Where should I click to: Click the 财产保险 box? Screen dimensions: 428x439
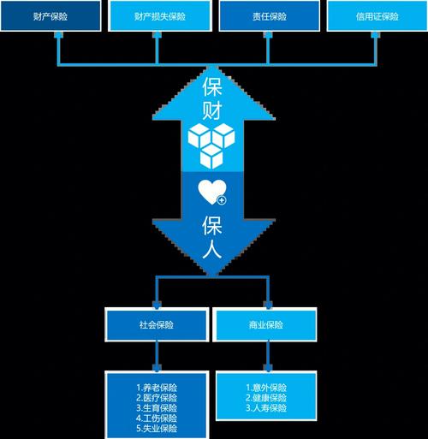click(x=51, y=15)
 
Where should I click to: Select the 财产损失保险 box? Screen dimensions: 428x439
click(x=160, y=15)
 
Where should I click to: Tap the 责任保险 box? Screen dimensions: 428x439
click(x=270, y=15)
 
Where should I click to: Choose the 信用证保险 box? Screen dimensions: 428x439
click(x=377, y=15)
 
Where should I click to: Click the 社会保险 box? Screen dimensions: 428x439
click(x=157, y=324)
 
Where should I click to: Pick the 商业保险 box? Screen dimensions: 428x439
click(x=266, y=324)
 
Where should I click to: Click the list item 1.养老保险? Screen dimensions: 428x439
click(x=157, y=388)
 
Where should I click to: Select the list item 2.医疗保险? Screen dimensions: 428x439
click(x=157, y=398)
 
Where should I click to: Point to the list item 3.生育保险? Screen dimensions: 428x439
click(x=157, y=408)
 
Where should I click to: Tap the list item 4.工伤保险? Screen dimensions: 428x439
click(x=157, y=418)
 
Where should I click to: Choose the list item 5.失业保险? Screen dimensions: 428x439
click(x=157, y=429)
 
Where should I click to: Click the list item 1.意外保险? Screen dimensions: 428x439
click(x=266, y=388)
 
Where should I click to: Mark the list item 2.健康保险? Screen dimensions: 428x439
click(x=266, y=398)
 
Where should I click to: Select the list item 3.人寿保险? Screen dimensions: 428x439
click(x=266, y=408)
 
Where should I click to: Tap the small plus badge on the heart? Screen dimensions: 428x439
click(x=222, y=200)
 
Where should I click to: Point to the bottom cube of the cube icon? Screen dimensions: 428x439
click(x=211, y=156)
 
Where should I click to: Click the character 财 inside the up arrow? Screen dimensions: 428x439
click(x=212, y=110)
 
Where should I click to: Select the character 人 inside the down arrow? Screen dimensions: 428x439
click(x=212, y=249)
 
